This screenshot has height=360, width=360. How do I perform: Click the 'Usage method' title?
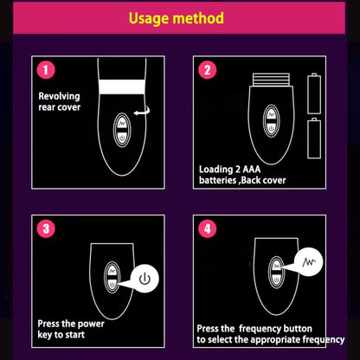click(180, 18)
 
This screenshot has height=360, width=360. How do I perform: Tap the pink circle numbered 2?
click(207, 71)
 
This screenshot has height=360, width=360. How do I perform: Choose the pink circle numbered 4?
click(207, 230)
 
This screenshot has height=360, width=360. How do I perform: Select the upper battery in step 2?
click(313, 91)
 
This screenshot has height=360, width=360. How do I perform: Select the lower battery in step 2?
click(313, 137)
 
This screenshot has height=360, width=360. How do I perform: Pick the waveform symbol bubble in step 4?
click(309, 260)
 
